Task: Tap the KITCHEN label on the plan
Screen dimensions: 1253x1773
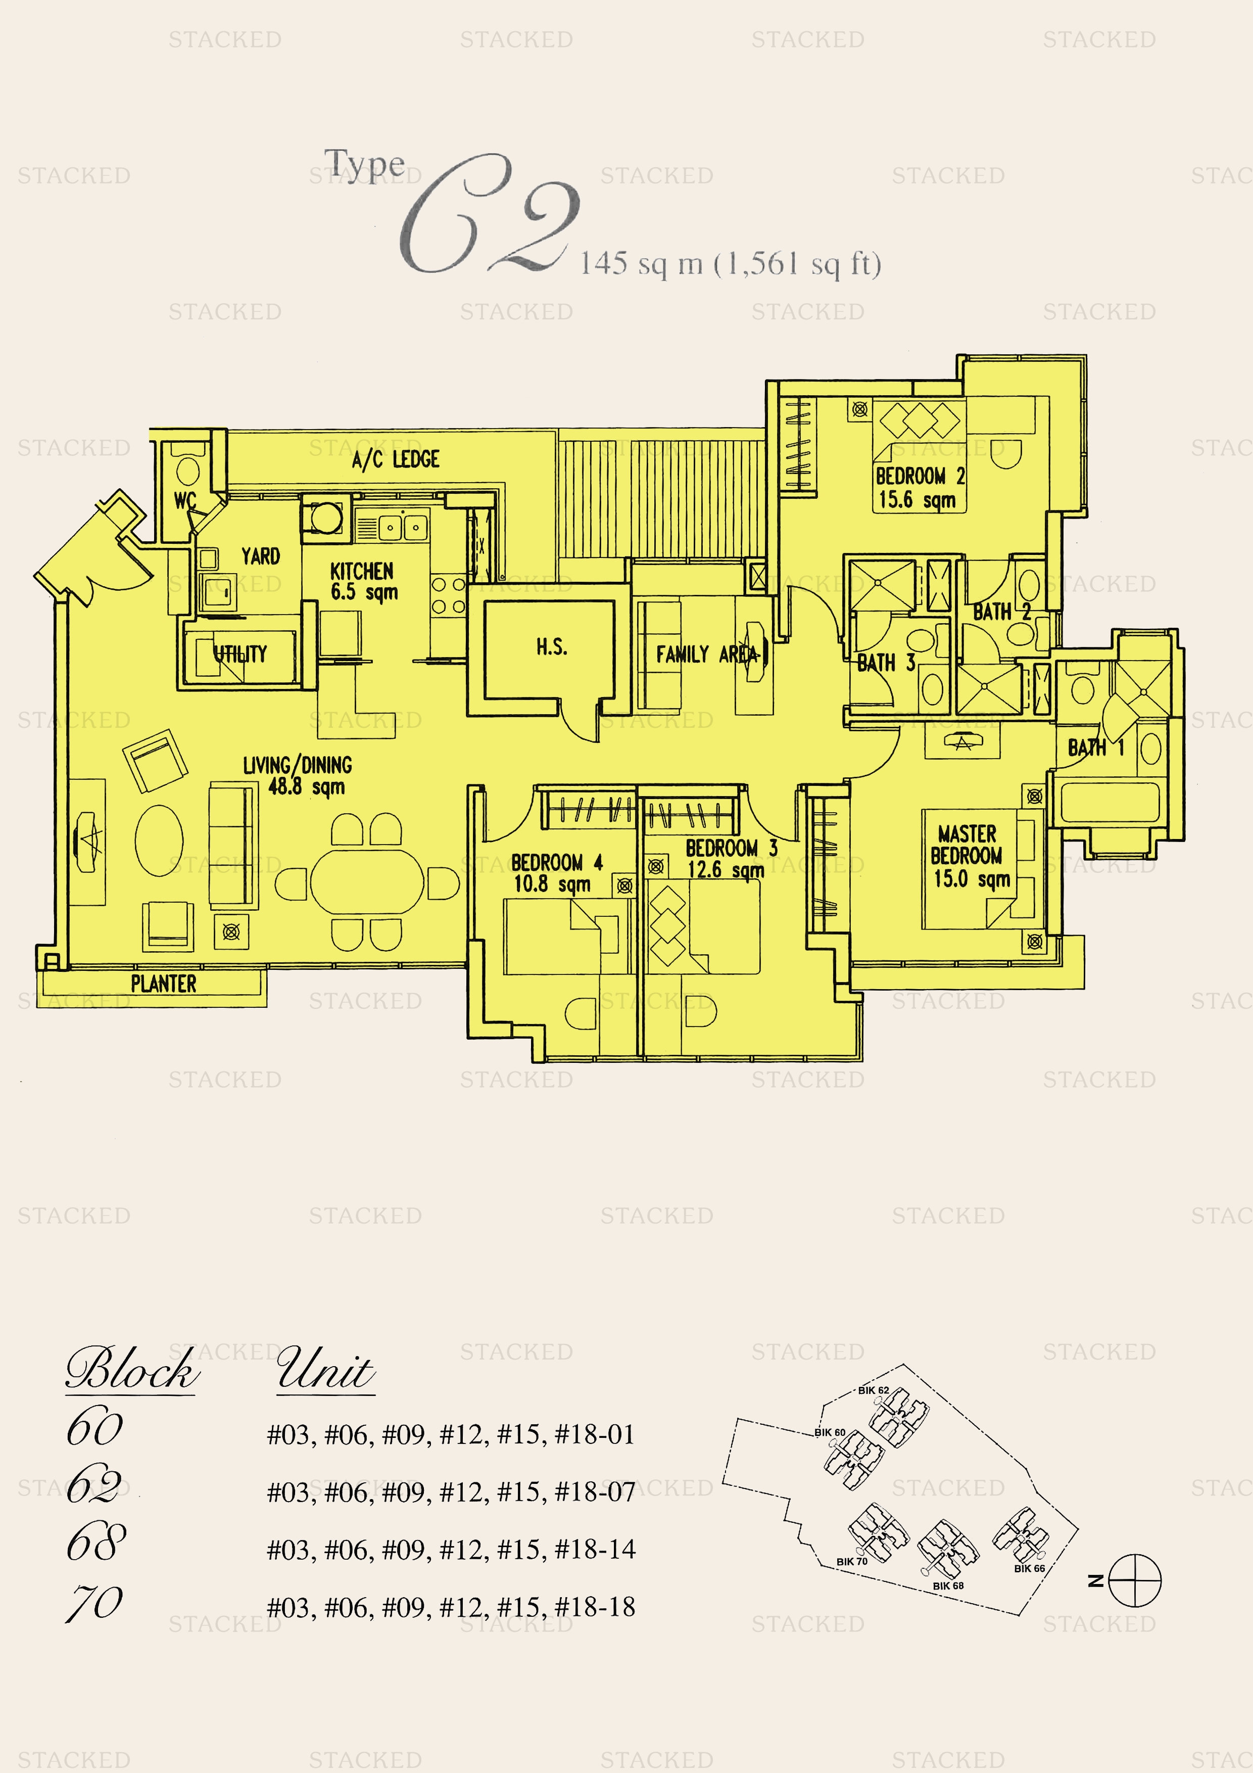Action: coord(362,572)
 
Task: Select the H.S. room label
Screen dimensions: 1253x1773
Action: coord(552,647)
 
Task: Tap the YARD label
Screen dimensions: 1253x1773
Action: coord(260,556)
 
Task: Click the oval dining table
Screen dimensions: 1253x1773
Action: coord(367,882)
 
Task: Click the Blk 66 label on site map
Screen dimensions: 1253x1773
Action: coord(1029,1568)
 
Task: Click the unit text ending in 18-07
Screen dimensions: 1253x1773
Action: coord(451,1492)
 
